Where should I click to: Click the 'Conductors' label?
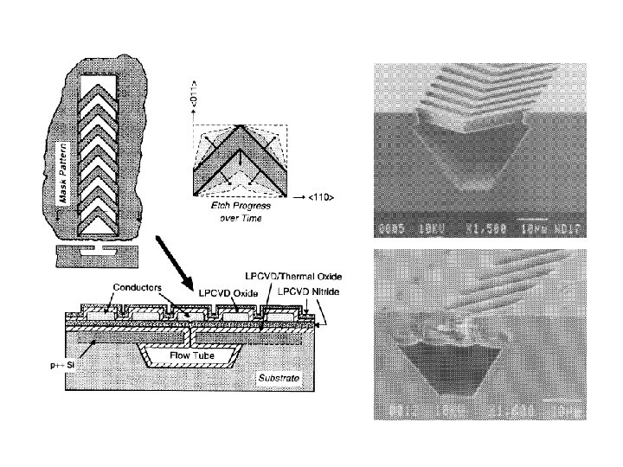pyautogui.click(x=134, y=287)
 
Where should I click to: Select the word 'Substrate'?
pyautogui.click(x=280, y=379)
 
